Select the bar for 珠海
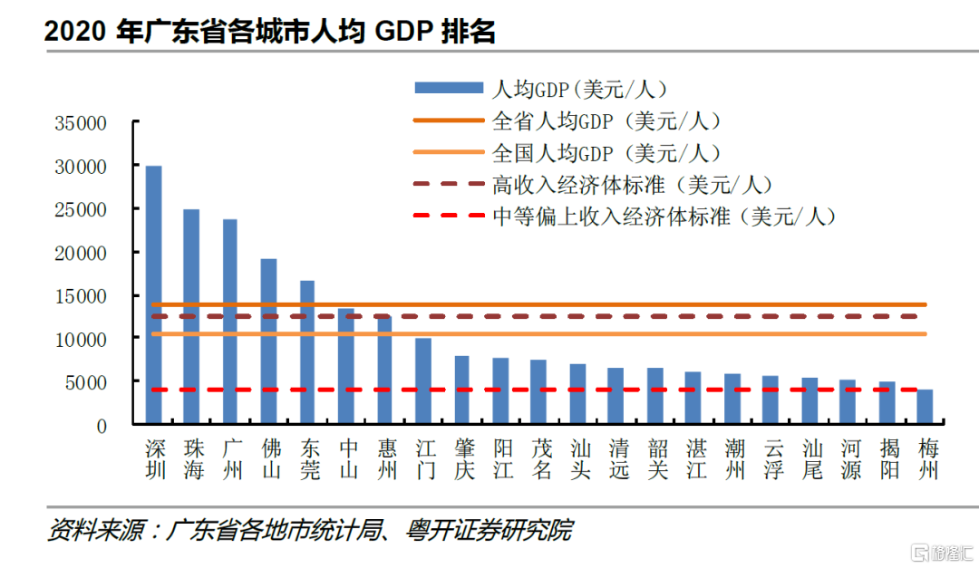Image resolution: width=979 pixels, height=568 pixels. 192,317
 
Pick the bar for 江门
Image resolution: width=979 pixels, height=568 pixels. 423,381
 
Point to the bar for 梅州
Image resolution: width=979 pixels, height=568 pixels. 925,407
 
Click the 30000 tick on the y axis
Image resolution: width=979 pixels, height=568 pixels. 81,167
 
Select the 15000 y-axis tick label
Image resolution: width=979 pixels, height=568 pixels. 81,295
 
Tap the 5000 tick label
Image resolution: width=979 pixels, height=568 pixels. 87,381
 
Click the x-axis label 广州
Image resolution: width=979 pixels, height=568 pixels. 231,460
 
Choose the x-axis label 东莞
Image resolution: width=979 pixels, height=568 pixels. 308,460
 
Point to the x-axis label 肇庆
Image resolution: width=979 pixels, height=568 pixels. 462,460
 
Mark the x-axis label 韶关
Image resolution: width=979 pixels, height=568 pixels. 655,460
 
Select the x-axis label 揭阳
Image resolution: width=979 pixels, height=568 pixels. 887,460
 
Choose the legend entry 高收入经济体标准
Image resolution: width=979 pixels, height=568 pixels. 631,185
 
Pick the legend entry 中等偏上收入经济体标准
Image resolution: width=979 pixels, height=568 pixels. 663,217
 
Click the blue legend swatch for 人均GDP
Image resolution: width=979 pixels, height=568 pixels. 449,88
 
